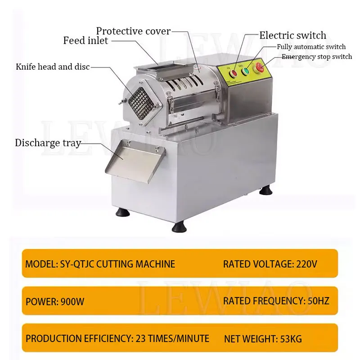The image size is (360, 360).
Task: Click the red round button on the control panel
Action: pos(234,71)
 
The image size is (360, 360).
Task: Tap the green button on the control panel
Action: pos(246,70)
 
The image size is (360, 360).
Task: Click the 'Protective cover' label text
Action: pos(134,31)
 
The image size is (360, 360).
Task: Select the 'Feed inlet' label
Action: pos(85,41)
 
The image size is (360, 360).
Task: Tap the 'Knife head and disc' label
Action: pos(53,67)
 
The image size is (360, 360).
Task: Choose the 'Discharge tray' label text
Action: pos(48,143)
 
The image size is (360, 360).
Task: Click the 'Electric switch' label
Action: pos(292,35)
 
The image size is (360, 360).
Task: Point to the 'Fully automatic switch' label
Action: pos(311,46)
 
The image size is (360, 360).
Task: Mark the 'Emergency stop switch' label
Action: pos(317,57)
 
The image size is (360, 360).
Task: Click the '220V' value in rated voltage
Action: pos(306,264)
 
